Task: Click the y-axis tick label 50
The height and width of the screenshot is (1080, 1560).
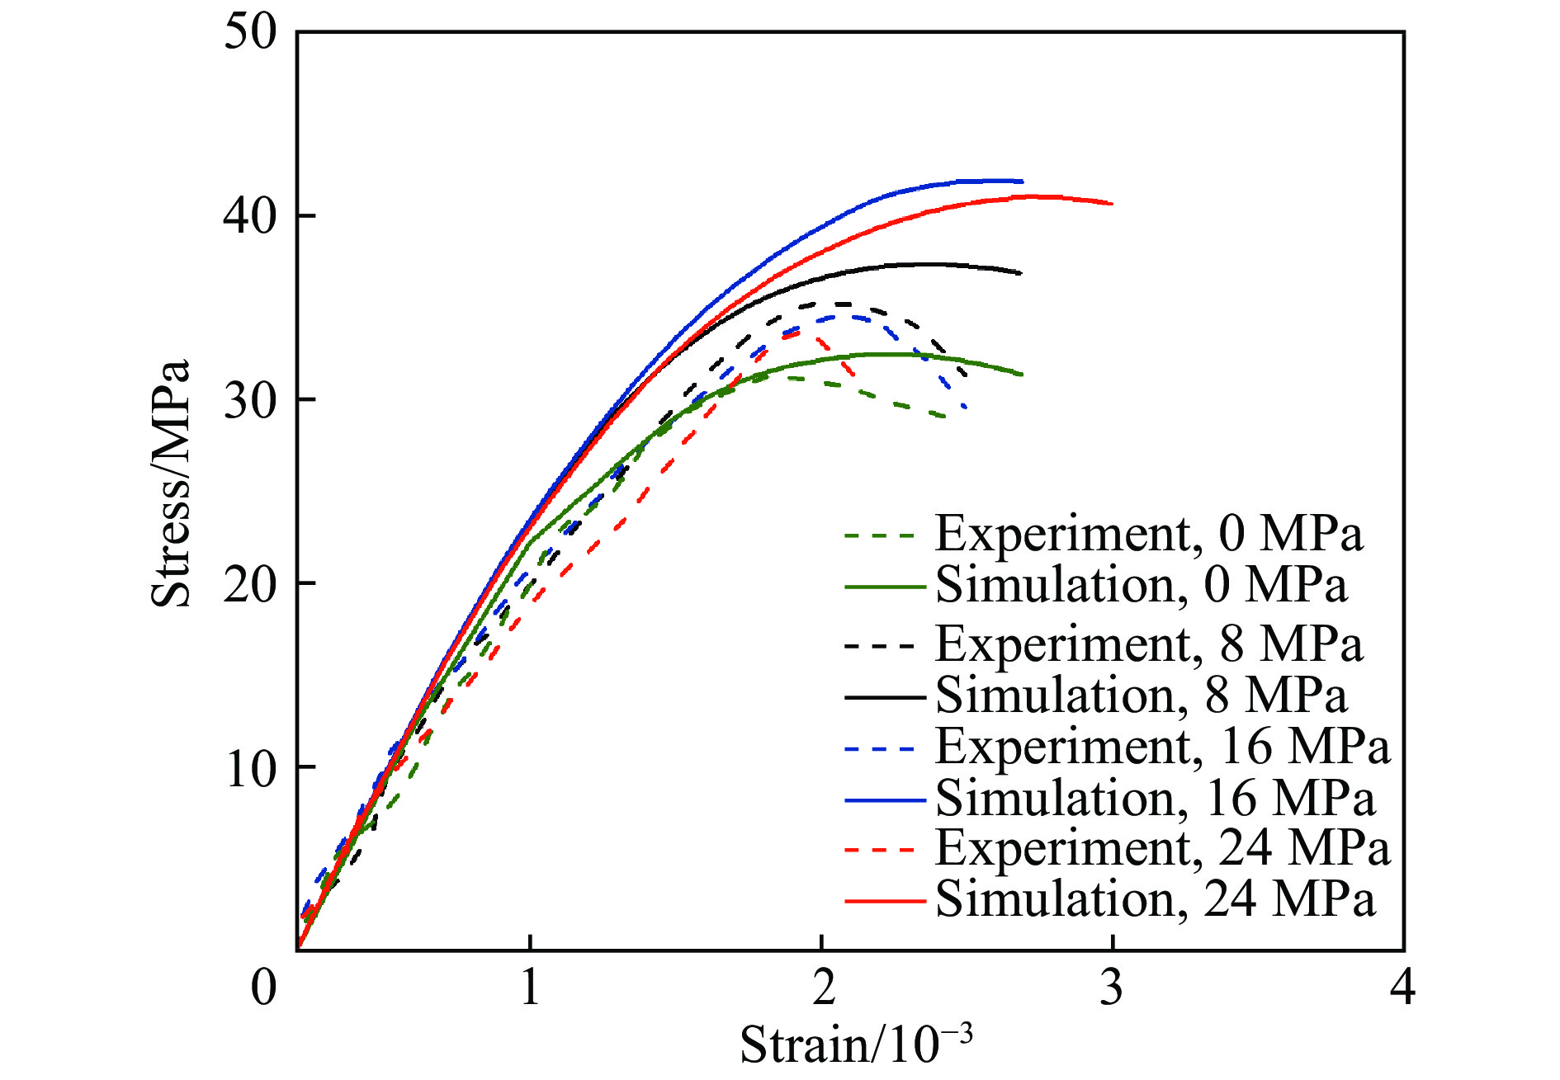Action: [250, 34]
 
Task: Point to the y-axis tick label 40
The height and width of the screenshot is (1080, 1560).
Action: [250, 217]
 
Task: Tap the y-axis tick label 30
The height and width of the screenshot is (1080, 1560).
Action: [250, 401]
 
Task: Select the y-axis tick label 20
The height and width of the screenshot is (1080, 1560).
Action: [250, 584]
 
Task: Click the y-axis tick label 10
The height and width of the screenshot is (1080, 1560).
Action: [250, 768]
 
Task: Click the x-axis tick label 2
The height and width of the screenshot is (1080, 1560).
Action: [822, 986]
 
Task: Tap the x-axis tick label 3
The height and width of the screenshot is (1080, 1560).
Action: [1112, 986]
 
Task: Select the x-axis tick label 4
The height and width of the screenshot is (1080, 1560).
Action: [1403, 986]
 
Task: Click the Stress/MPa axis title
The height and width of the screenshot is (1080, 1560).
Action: [171, 483]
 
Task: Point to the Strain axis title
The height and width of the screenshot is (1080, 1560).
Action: [855, 1045]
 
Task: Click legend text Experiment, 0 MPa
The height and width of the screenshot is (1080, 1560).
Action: [1148, 534]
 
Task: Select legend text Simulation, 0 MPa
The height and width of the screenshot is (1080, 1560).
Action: [1141, 585]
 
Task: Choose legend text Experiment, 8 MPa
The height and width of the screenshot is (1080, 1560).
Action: [1148, 644]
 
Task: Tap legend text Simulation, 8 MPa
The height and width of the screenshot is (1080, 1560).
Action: [1141, 696]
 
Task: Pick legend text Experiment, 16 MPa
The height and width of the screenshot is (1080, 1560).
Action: [1162, 747]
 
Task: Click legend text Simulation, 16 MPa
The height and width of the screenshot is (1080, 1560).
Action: [1155, 799]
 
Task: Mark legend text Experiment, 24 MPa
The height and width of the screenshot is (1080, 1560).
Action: [1162, 848]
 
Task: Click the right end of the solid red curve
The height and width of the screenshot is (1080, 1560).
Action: [1112, 203]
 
